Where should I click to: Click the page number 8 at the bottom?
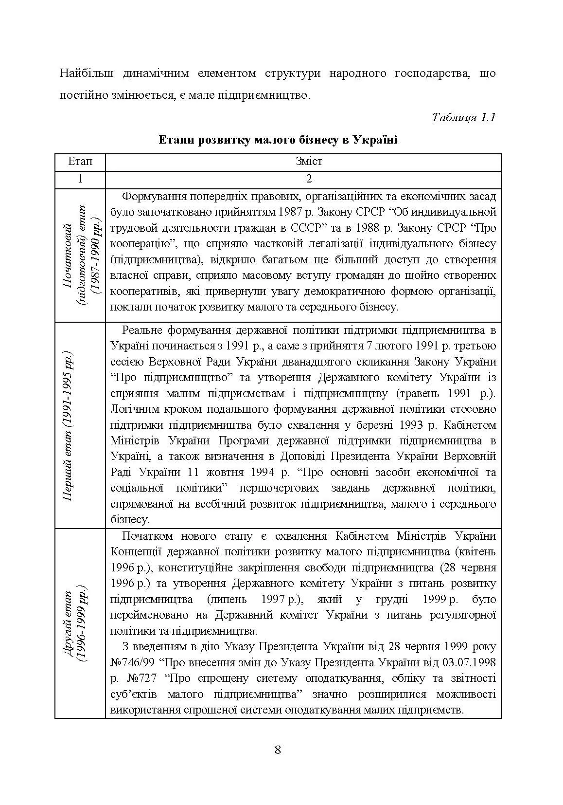click(278, 749)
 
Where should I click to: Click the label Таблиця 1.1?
click(463, 117)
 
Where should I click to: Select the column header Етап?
click(80, 161)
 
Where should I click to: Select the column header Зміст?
click(308, 161)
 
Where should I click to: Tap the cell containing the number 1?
click(80, 178)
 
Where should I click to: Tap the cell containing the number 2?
click(308, 178)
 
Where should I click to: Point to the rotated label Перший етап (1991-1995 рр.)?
click(68, 425)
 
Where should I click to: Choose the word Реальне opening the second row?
click(141, 330)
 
